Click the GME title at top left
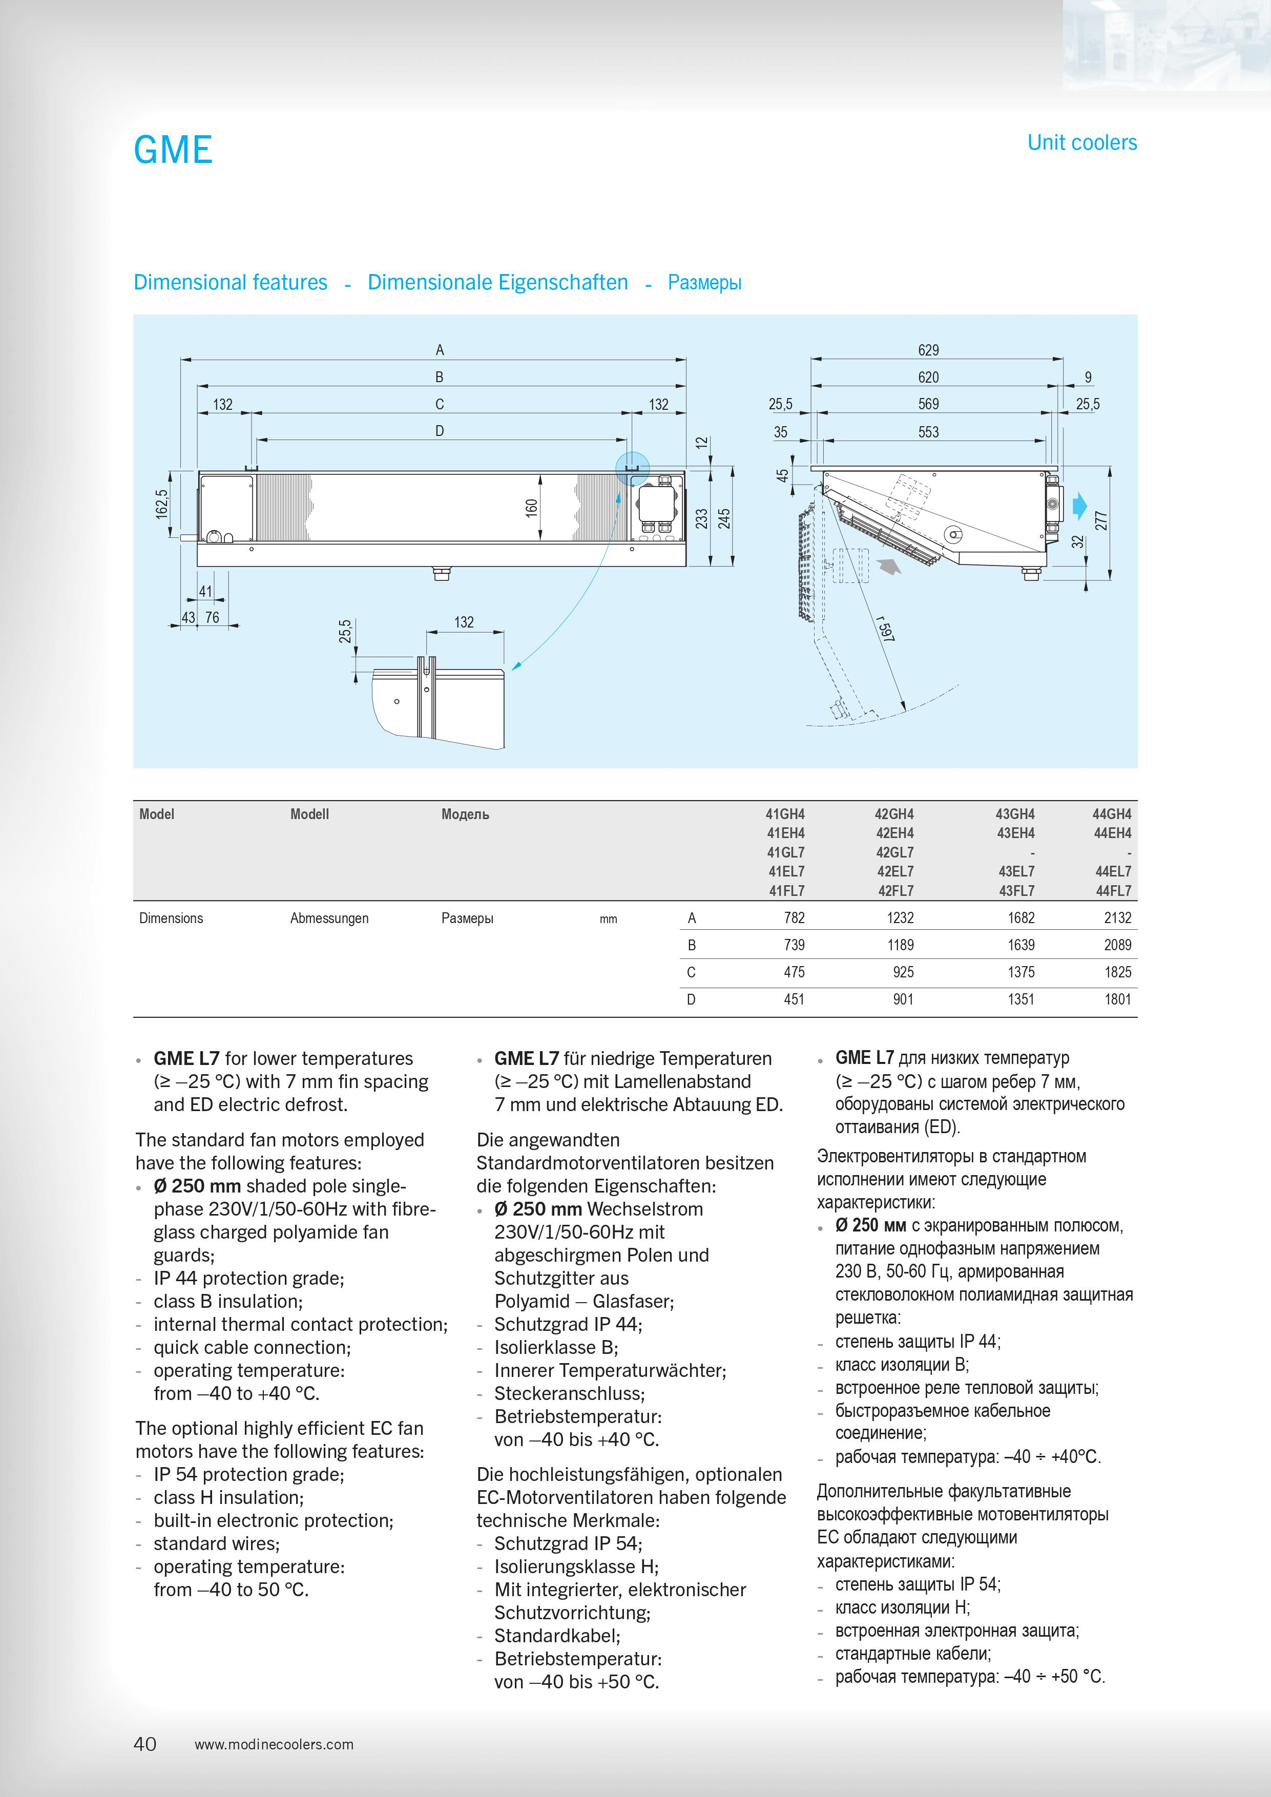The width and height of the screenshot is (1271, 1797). tap(173, 150)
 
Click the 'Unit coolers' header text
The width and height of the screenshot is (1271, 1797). tap(1081, 142)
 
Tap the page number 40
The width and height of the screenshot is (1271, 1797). tap(145, 1743)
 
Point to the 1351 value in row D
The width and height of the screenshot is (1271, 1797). tap(1020, 999)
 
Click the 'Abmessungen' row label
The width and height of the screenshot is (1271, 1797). tap(329, 918)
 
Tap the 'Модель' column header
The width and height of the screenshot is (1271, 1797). tap(465, 814)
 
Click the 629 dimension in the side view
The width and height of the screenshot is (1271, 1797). tap(928, 350)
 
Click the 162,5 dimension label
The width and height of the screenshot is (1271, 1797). tap(162, 504)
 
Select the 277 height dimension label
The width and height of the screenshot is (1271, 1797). tap(1101, 520)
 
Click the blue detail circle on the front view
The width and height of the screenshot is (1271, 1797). tap(632, 468)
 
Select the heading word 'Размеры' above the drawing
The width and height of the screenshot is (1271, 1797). tap(704, 283)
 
